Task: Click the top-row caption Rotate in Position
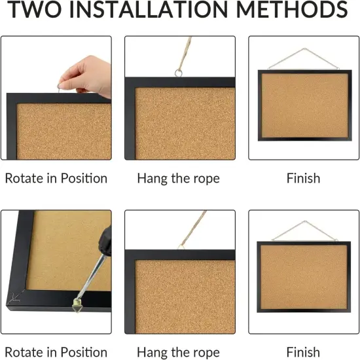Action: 56,178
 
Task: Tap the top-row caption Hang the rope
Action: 178,178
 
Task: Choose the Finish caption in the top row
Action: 303,178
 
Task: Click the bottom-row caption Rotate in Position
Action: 56,352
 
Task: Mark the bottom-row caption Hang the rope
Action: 178,352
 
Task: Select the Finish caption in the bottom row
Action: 303,352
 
